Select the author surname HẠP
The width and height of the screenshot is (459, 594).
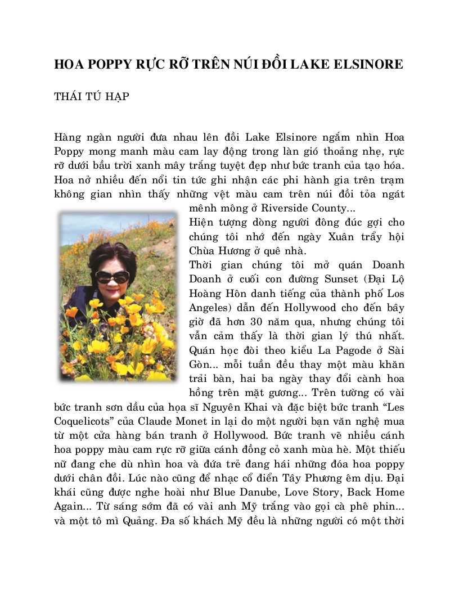click(116, 97)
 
